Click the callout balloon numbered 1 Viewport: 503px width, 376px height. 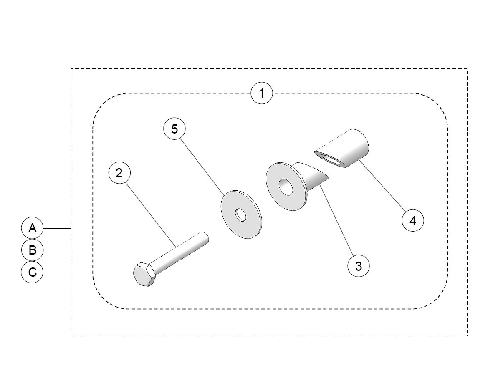click(262, 93)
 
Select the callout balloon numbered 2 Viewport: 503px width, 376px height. click(119, 173)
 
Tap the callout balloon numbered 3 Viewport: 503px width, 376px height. click(359, 265)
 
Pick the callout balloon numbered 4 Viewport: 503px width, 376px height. click(412, 220)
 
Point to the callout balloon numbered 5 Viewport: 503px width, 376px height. click(174, 129)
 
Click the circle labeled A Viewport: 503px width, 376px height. click(32, 228)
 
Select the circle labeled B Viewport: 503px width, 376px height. click(32, 250)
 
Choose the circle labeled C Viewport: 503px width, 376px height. click(32, 272)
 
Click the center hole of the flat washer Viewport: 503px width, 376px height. click(241, 215)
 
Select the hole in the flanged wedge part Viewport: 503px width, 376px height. click(286, 187)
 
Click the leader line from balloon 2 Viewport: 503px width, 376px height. click(150, 213)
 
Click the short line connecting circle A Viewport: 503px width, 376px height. click(57, 228)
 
